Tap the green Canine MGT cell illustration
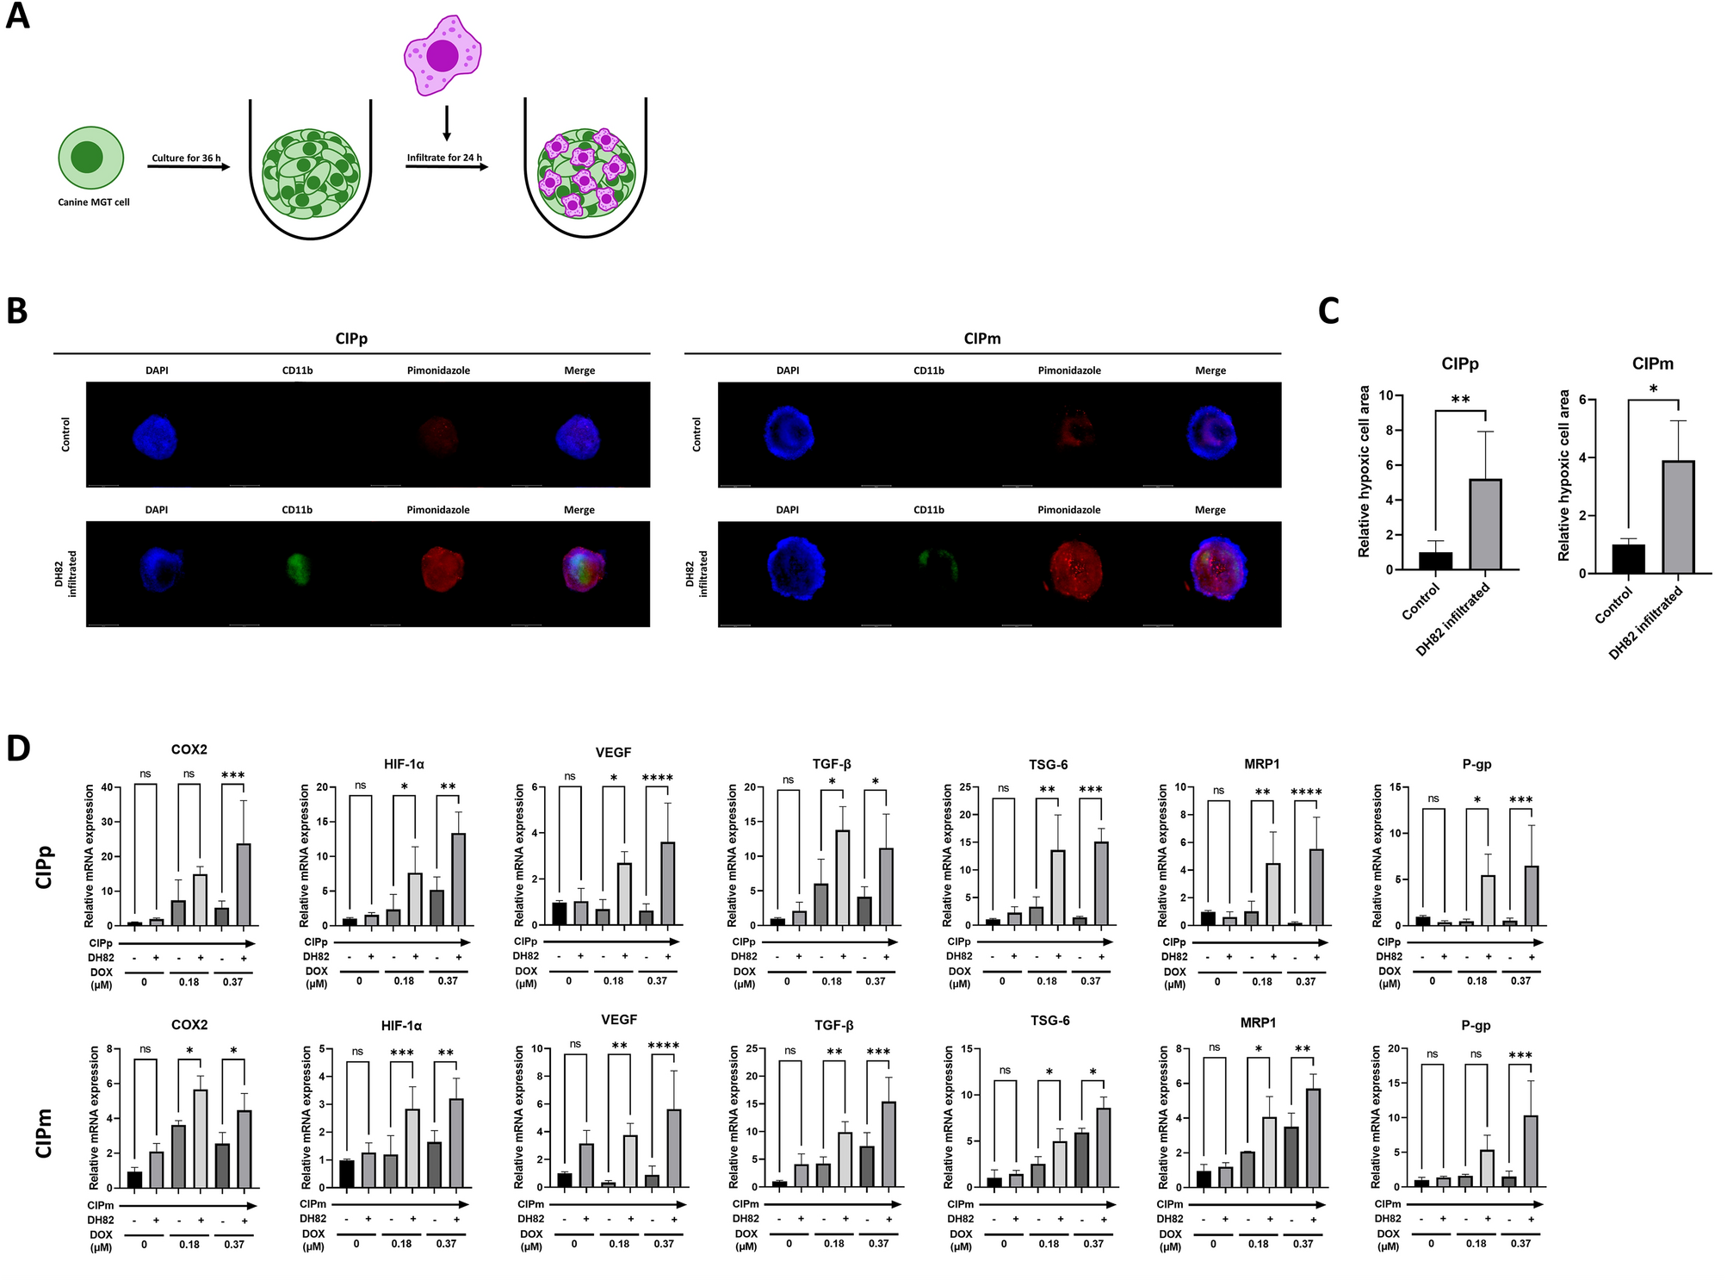click(x=90, y=158)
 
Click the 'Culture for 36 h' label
click(x=186, y=158)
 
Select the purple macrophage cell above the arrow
click(x=443, y=54)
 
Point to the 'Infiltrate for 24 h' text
click(x=444, y=158)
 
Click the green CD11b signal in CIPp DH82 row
click(x=298, y=569)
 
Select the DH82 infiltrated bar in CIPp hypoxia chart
click(x=1485, y=525)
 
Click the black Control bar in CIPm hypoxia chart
click(x=1628, y=558)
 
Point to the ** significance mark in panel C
click(x=1460, y=401)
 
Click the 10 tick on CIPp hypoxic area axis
click(x=1386, y=395)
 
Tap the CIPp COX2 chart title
click(x=189, y=749)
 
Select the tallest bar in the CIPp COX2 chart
click(x=244, y=884)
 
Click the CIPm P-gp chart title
click(x=1476, y=1026)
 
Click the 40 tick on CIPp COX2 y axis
click(x=107, y=787)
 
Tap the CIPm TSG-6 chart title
click(x=1049, y=1021)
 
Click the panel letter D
click(x=18, y=748)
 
